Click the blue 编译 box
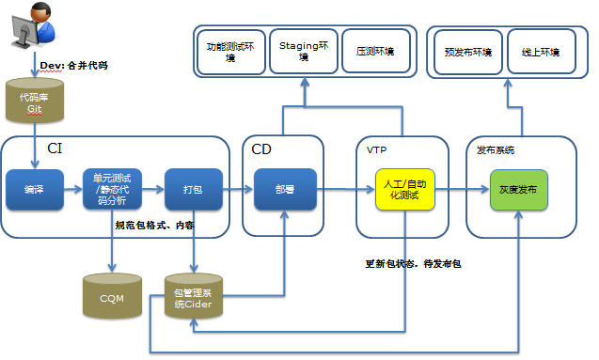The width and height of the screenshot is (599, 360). point(35,189)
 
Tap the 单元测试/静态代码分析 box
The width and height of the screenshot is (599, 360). point(112,189)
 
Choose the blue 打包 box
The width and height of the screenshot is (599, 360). point(193,189)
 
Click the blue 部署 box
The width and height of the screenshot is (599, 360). point(285,189)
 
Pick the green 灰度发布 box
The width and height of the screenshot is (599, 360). point(519,189)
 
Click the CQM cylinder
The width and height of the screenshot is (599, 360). point(112,297)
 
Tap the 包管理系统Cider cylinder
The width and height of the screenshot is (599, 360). point(193,297)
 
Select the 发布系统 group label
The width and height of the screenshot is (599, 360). point(496,149)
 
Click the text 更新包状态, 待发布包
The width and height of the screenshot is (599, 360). point(413,264)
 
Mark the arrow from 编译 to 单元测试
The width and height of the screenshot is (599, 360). point(73,189)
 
